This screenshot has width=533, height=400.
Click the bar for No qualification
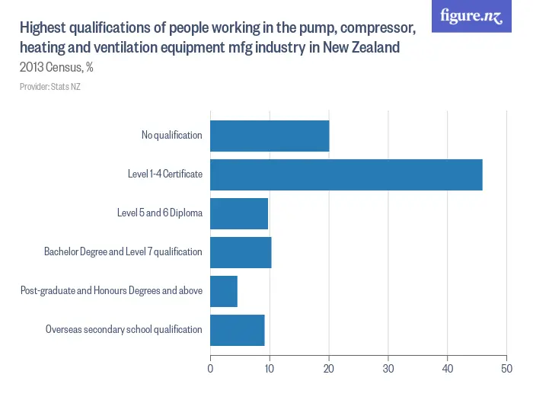(270, 136)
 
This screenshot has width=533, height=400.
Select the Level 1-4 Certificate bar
(346, 174)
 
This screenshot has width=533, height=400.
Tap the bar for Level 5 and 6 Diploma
(239, 213)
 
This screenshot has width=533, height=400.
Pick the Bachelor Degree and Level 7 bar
(241, 252)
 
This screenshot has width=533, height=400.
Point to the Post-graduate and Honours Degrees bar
(224, 291)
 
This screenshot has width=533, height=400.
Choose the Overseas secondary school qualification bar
(238, 330)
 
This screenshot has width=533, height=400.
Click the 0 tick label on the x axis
(210, 369)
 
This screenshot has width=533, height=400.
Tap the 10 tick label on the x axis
(270, 369)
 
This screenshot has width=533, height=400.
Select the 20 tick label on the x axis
(329, 369)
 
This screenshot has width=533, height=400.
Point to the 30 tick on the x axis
(388, 369)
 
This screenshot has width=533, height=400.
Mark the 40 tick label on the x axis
(448, 369)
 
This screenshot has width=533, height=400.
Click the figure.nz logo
(471, 16)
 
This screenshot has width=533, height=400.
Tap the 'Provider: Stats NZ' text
(50, 87)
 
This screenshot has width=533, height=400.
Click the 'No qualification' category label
(171, 136)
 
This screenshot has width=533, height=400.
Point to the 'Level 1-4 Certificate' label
(164, 174)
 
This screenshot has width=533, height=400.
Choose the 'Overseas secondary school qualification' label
(123, 330)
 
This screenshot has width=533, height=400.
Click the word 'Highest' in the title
(45, 29)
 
